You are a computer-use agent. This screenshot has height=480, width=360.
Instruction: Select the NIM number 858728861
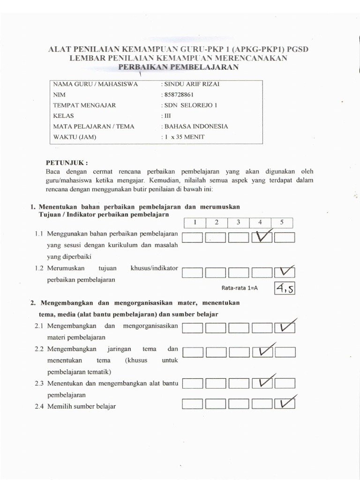pyautogui.click(x=177, y=95)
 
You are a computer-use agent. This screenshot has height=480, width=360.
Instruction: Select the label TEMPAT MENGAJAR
pyautogui.click(x=84, y=105)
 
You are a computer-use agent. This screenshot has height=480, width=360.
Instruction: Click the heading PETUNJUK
pyautogui.click(x=66, y=163)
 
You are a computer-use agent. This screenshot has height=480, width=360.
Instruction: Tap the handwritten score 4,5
pyautogui.click(x=284, y=288)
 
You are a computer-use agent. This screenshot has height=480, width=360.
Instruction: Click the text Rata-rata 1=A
pyautogui.click(x=240, y=288)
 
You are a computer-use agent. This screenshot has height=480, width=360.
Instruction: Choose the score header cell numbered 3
pyautogui.click(x=238, y=223)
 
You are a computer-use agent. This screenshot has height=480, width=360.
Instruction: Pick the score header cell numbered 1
pyautogui.click(x=194, y=223)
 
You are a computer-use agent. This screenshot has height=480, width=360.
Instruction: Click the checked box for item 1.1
pyautogui.click(x=262, y=238)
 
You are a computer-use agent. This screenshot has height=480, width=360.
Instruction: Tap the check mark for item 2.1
pyautogui.click(x=285, y=328)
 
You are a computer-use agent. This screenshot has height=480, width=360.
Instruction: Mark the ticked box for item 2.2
pyautogui.click(x=262, y=352)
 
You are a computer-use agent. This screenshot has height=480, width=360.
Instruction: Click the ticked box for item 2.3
pyautogui.click(x=262, y=384)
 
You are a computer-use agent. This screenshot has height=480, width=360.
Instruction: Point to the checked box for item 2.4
pyautogui.click(x=285, y=404)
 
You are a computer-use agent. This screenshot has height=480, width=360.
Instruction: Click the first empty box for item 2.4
pyautogui.click(x=192, y=404)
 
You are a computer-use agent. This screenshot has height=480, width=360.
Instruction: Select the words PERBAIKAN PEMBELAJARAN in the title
pyautogui.click(x=178, y=67)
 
